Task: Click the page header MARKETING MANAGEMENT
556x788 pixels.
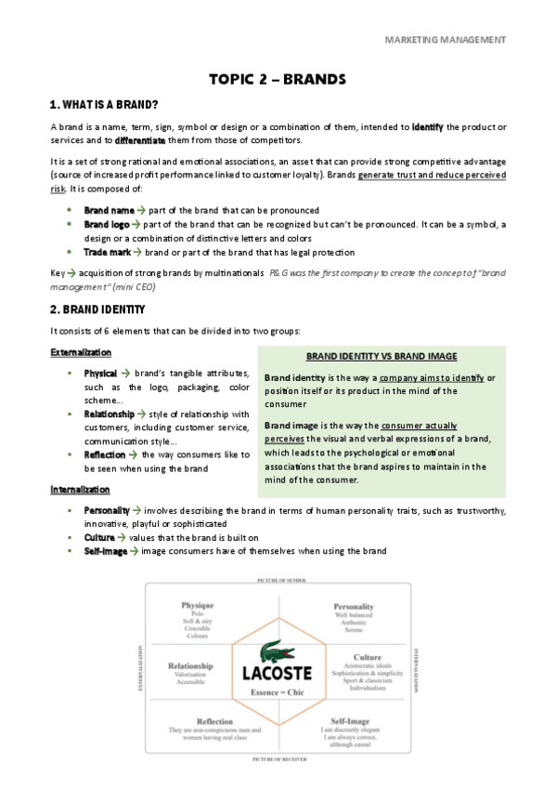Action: click(445, 40)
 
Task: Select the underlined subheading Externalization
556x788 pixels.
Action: click(81, 353)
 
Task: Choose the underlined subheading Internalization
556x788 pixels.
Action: click(80, 490)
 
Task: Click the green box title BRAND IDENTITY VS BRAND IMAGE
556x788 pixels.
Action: click(381, 357)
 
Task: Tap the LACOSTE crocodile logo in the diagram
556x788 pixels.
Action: click(277, 650)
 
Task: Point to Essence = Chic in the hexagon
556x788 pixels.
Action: click(277, 693)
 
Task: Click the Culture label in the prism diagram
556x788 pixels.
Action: click(355, 656)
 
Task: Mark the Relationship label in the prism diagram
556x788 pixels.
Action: click(191, 665)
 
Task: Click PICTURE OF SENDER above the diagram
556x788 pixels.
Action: click(278, 579)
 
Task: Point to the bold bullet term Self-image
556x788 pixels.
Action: click(106, 551)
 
